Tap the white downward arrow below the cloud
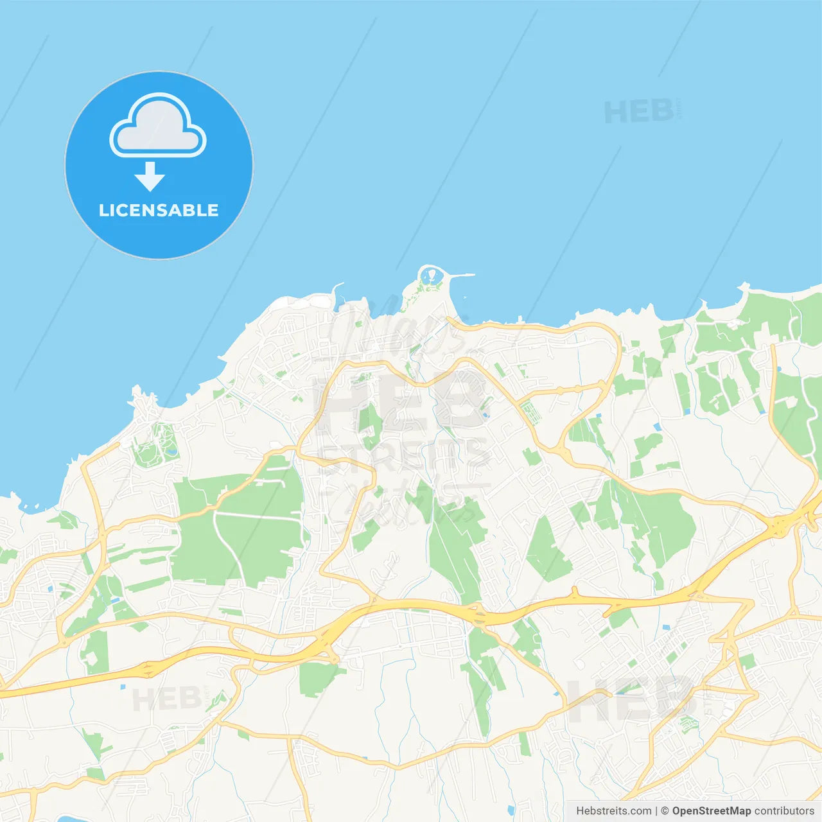pos(150,177)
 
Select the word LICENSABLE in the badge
pos(159,210)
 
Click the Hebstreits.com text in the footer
pos(613,811)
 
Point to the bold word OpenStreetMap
pos(711,811)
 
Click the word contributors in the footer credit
pos(784,811)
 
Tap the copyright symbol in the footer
pos(665,811)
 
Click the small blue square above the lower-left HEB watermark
pos(122,686)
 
